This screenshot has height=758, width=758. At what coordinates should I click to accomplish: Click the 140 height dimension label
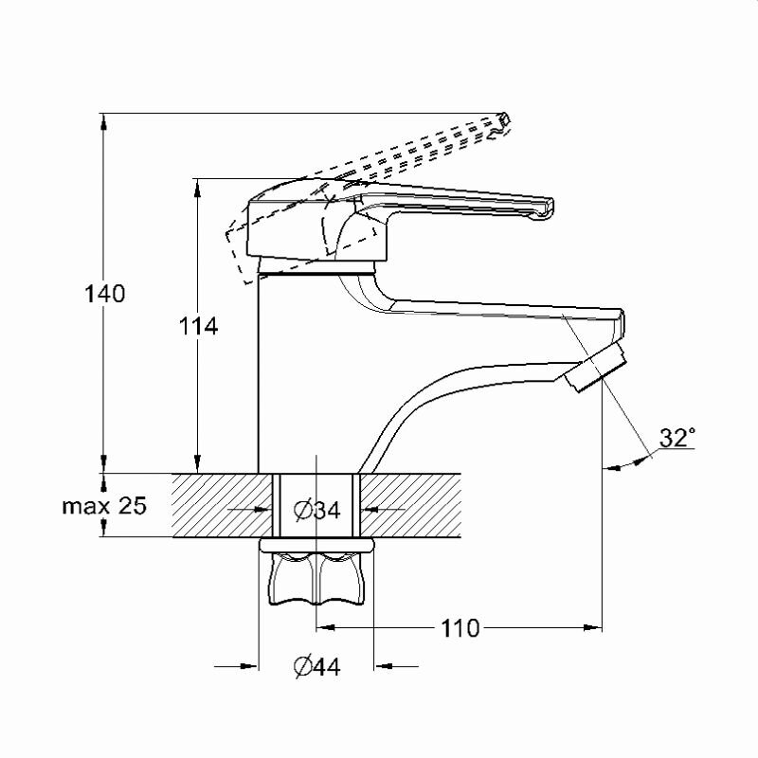pos(105,294)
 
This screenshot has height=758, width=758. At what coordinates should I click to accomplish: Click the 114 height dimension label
pos(199,326)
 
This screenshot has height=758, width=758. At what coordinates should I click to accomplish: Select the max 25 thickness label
pos(104,506)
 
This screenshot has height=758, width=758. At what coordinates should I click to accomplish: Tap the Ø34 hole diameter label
pos(317,510)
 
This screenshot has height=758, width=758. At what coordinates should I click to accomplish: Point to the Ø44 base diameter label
pos(317,667)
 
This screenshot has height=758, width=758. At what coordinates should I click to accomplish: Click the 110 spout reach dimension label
pos(460,628)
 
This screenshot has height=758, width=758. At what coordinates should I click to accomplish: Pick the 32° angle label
pos(677,438)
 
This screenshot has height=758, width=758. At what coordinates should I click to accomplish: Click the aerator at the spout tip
pos(597,368)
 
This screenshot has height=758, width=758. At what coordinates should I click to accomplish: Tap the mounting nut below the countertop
pos(316,579)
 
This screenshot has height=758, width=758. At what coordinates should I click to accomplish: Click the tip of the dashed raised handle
pos(505,118)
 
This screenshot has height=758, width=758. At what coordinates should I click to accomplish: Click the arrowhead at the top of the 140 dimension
pos(103,121)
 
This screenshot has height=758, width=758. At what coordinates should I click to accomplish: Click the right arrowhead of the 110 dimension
pos(593,628)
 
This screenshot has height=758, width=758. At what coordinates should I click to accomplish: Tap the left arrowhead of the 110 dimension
pos(326,628)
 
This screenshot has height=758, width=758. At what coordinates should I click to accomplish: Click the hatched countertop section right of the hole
pos(410,505)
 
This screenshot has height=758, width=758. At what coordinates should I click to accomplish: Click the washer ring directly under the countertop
pos(316,546)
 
